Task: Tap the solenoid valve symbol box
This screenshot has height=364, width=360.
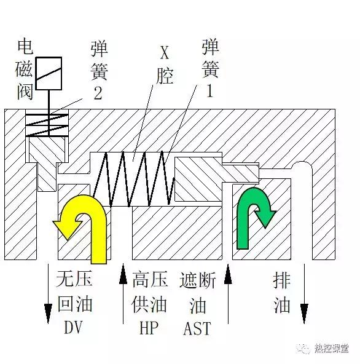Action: point(49,73)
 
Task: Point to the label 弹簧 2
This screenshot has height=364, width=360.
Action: point(98,70)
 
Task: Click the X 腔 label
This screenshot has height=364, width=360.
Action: point(164,65)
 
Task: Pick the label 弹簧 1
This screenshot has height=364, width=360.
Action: point(209,68)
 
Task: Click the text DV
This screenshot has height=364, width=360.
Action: point(73,328)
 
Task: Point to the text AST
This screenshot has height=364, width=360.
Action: point(197,328)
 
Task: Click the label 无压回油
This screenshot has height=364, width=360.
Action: point(74,293)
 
